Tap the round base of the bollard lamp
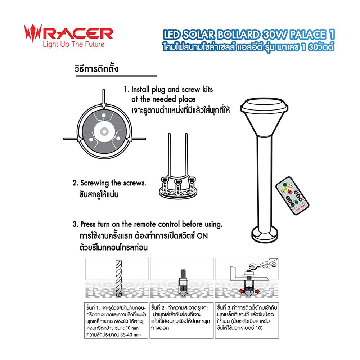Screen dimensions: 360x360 265,237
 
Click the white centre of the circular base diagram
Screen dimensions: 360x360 104,130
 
